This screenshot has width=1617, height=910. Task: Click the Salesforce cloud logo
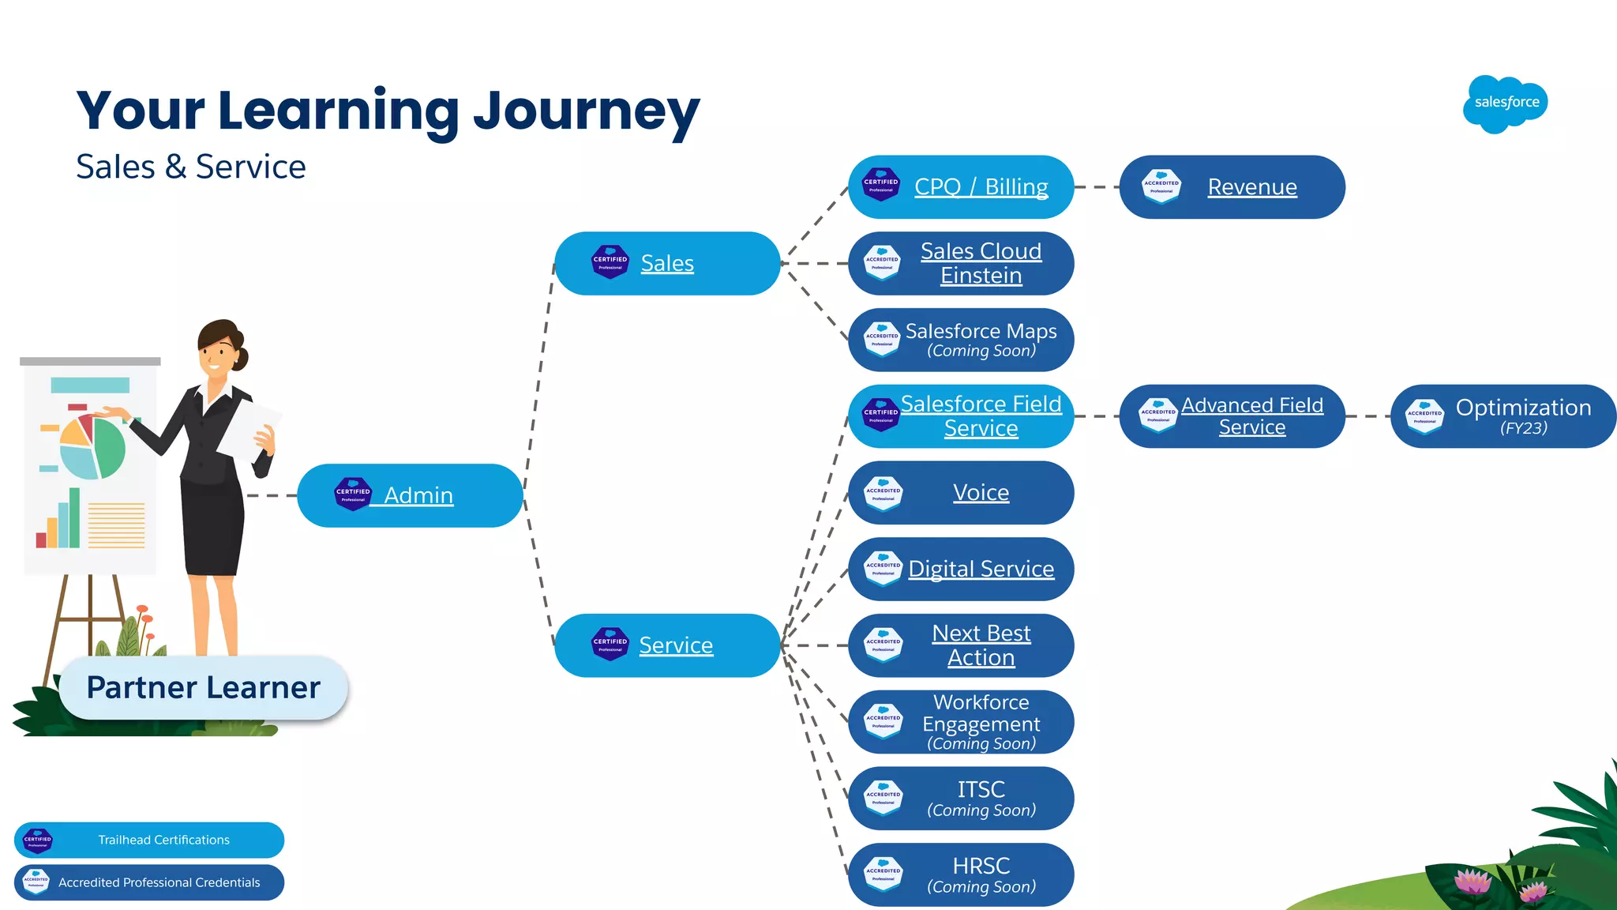pos(1506,103)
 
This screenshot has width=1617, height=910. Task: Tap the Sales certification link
pos(667,263)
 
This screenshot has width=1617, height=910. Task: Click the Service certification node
pos(675,645)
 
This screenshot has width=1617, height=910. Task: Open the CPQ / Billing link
pos(981,187)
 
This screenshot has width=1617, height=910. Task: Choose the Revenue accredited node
pos(1251,187)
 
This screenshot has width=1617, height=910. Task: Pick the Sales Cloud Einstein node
pos(981,263)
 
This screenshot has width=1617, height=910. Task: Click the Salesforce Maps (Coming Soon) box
pos(981,340)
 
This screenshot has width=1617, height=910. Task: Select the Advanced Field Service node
pos(1251,416)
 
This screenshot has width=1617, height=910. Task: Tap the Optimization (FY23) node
pos(1522,416)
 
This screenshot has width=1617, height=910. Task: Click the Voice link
pos(981,493)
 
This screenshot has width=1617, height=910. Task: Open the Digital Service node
pos(981,569)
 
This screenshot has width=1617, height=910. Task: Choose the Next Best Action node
pos(981,645)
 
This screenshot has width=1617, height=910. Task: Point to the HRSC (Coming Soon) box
pos(981,874)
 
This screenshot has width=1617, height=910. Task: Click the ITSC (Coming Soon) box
pos(981,798)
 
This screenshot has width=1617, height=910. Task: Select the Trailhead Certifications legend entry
pos(163,840)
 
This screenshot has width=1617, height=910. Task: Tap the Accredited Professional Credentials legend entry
pos(159,882)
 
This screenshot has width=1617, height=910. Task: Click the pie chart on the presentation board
pos(93,448)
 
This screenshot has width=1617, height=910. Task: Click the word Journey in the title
pos(586,111)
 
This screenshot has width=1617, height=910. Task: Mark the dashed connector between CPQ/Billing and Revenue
pos(1097,187)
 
